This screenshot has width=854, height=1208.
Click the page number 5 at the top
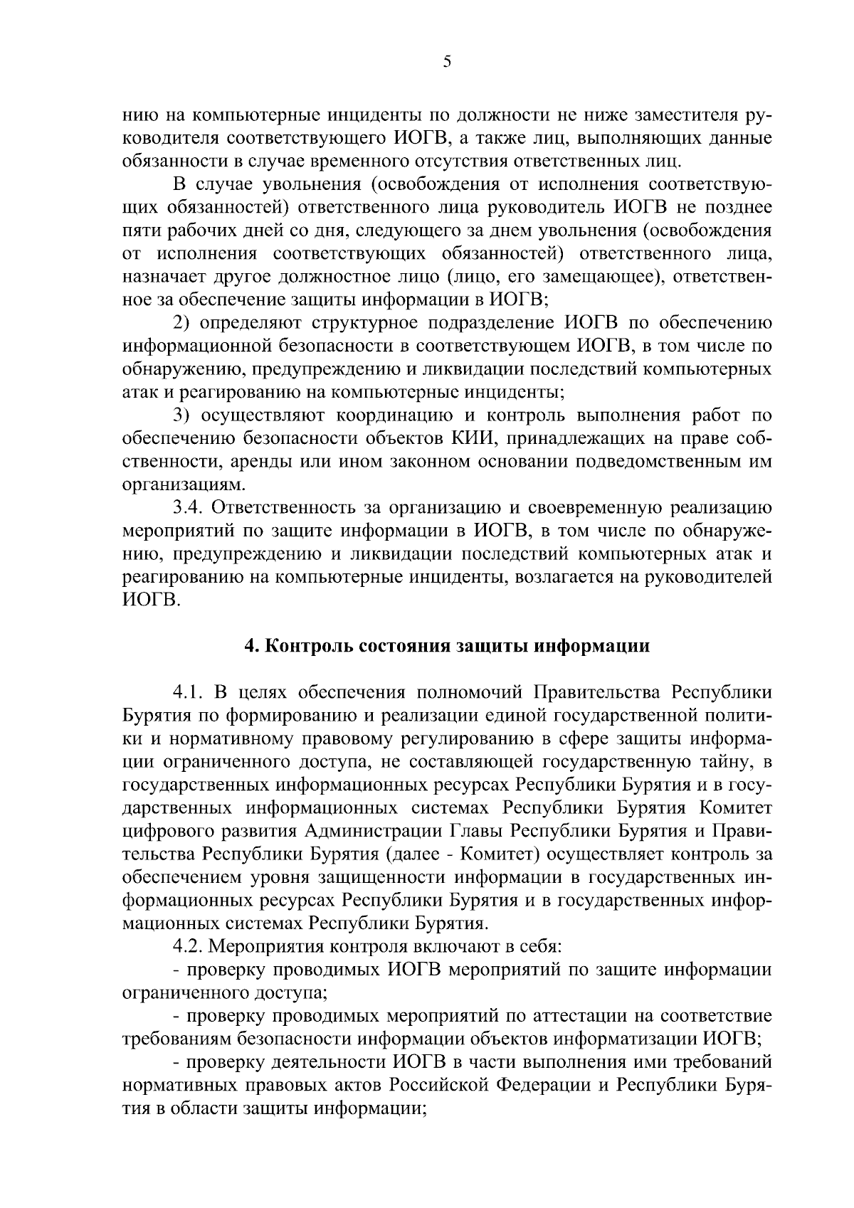[447, 62]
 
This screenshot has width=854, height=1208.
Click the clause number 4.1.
[189, 692]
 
